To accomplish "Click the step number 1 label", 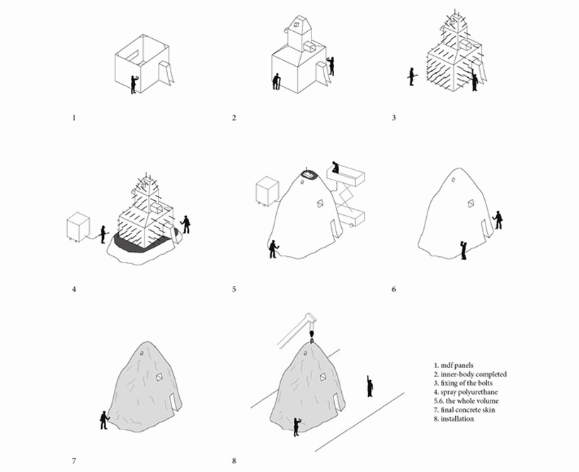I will click(74, 117).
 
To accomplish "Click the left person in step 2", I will click(277, 81).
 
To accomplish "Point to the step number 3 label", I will click(394, 117).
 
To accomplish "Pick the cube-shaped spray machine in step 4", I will click(78, 227).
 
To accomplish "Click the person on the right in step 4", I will click(185, 224).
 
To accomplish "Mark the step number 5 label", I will click(234, 289).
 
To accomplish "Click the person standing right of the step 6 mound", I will click(498, 219).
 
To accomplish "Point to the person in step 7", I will click(104, 420).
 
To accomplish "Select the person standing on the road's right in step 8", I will click(369, 386).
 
